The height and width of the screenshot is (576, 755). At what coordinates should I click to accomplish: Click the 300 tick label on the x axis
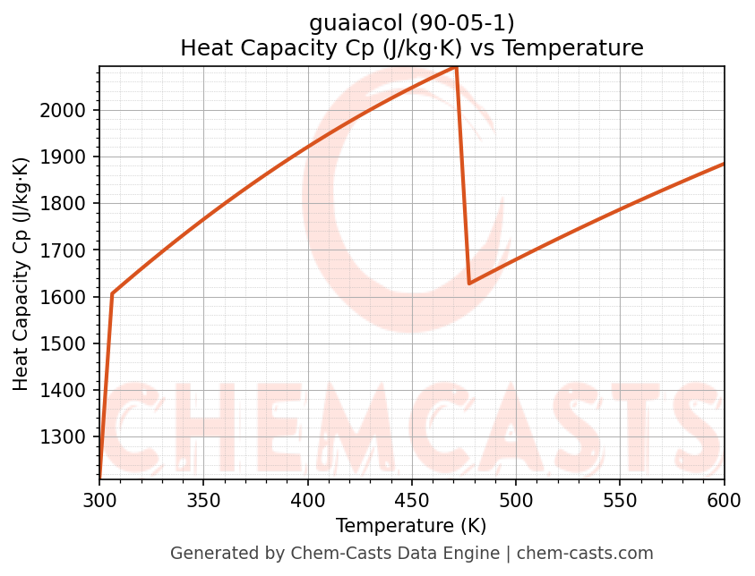(x=99, y=498)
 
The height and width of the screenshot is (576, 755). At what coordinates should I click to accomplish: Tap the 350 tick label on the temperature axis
(x=203, y=498)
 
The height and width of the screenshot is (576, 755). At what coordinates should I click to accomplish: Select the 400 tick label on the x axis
(x=308, y=498)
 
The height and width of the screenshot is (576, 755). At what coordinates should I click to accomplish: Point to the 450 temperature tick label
(x=412, y=498)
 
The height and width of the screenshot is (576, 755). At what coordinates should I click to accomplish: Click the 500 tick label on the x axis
(x=516, y=498)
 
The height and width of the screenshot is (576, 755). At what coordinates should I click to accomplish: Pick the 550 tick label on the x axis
(x=620, y=498)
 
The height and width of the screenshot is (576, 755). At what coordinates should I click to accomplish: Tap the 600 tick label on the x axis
(x=724, y=498)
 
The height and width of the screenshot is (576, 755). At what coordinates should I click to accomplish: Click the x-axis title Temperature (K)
(x=411, y=525)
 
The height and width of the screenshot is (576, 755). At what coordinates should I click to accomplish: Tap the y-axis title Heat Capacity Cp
(x=21, y=274)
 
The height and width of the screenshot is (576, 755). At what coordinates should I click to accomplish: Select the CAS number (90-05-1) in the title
(x=463, y=22)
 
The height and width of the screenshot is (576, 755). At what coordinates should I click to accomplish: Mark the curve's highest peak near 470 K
(x=456, y=67)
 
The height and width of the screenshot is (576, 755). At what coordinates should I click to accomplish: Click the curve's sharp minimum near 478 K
(x=469, y=284)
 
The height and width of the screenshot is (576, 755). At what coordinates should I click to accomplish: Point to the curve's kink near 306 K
(x=112, y=293)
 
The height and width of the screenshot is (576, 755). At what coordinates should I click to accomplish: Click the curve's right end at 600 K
(x=724, y=164)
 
